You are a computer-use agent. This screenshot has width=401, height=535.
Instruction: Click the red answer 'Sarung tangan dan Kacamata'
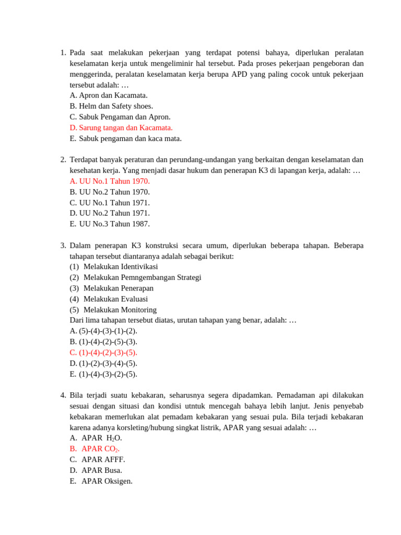[x=121, y=127]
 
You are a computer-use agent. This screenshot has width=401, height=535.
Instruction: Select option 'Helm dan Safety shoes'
[x=111, y=106]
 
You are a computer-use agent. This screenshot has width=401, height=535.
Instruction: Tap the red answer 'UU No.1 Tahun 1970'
[x=110, y=181]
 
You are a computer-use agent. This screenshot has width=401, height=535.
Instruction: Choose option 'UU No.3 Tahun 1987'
[x=110, y=224]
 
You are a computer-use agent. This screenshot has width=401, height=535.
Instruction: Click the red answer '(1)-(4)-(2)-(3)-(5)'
[x=103, y=353]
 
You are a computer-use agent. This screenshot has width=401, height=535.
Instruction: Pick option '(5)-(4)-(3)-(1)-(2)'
[x=103, y=331]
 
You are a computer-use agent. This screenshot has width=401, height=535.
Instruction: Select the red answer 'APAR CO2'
[x=100, y=449]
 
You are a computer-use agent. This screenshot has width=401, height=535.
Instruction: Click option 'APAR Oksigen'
[x=107, y=481]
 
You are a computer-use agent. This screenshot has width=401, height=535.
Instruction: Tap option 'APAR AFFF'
[x=103, y=460]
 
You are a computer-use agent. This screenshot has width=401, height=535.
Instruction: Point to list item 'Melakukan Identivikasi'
[x=120, y=267]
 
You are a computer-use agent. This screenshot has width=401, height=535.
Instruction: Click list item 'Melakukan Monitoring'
[x=120, y=310]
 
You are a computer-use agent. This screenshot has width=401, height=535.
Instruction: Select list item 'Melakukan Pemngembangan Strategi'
[x=142, y=277]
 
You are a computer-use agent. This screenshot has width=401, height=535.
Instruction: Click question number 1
[x=63, y=53]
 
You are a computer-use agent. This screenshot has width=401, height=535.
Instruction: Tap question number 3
[x=63, y=246]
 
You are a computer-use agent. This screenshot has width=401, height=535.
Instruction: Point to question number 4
[x=63, y=396]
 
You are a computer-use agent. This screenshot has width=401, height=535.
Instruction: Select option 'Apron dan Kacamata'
[x=109, y=96]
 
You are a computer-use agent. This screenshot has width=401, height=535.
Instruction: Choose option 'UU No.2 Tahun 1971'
[x=110, y=213]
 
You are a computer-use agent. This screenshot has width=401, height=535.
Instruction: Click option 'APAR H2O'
[x=101, y=438]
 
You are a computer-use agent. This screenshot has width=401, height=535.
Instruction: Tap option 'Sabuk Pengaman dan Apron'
[x=120, y=117]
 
